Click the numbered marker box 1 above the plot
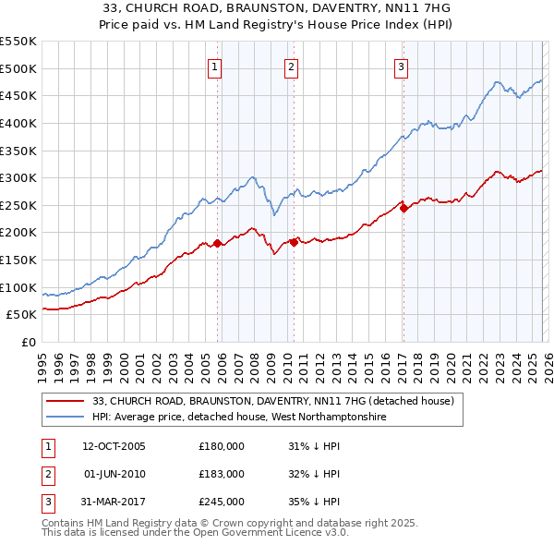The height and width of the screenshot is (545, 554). click(x=214, y=66)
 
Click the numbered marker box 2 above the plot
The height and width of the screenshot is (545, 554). click(x=291, y=66)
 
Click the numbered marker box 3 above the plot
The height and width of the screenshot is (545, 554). click(x=402, y=66)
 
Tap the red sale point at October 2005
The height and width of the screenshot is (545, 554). click(x=218, y=244)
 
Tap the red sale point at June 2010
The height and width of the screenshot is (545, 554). click(x=294, y=242)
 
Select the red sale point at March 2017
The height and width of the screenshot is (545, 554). click(x=404, y=209)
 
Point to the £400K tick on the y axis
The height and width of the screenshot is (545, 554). click(x=18, y=123)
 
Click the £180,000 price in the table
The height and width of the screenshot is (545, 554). click(x=222, y=446)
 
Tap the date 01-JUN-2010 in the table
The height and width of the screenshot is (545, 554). click(x=114, y=474)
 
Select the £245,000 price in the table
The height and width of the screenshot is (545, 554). click(x=222, y=502)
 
